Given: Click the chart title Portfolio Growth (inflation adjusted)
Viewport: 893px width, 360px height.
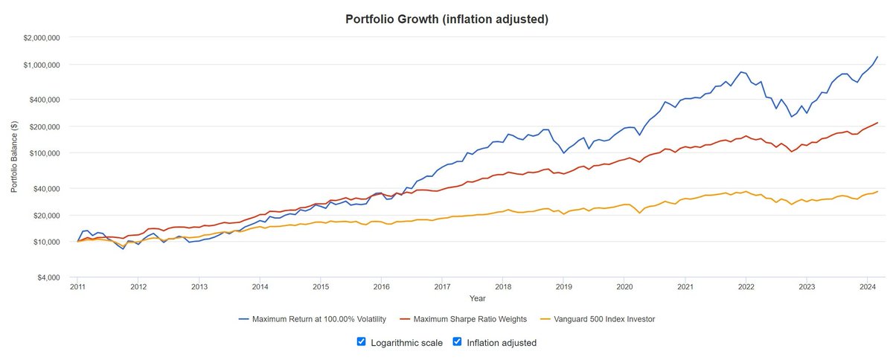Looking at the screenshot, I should pyautogui.click(x=446, y=19).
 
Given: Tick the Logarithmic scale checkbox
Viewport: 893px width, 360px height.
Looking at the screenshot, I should pyautogui.click(x=361, y=342).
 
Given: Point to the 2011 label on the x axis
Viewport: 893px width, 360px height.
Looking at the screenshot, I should pyautogui.click(x=77, y=286).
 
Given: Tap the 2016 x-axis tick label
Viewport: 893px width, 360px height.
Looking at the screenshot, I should pyautogui.click(x=381, y=286).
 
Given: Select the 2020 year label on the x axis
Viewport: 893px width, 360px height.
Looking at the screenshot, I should pyautogui.click(x=624, y=286).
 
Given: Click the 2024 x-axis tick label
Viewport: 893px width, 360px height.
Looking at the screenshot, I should pyautogui.click(x=867, y=286).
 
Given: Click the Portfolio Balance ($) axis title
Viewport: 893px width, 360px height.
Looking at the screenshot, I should pyautogui.click(x=14, y=157).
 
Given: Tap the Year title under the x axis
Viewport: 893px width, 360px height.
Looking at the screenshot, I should pyautogui.click(x=478, y=298).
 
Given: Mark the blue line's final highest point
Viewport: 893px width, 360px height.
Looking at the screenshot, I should pyautogui.click(x=877, y=57).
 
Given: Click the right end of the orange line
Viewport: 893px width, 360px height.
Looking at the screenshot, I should pyautogui.click(x=877, y=192).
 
